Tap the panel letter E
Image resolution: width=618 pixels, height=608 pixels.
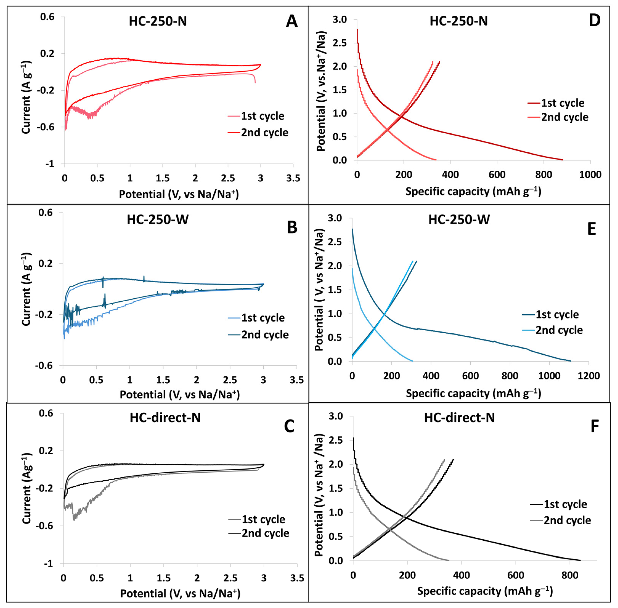point(591,229)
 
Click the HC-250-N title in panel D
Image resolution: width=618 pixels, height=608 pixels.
point(459,21)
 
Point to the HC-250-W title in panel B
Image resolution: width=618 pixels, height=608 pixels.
point(158,220)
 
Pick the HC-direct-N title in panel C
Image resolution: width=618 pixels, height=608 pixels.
point(165,418)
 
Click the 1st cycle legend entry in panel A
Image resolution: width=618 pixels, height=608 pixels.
point(256,116)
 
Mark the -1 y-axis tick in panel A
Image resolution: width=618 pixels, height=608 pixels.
point(50,164)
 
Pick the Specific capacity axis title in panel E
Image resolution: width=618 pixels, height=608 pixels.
point(473,393)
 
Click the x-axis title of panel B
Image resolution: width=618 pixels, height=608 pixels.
point(180,395)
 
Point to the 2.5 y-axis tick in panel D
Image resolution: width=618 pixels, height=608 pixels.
point(340,43)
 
